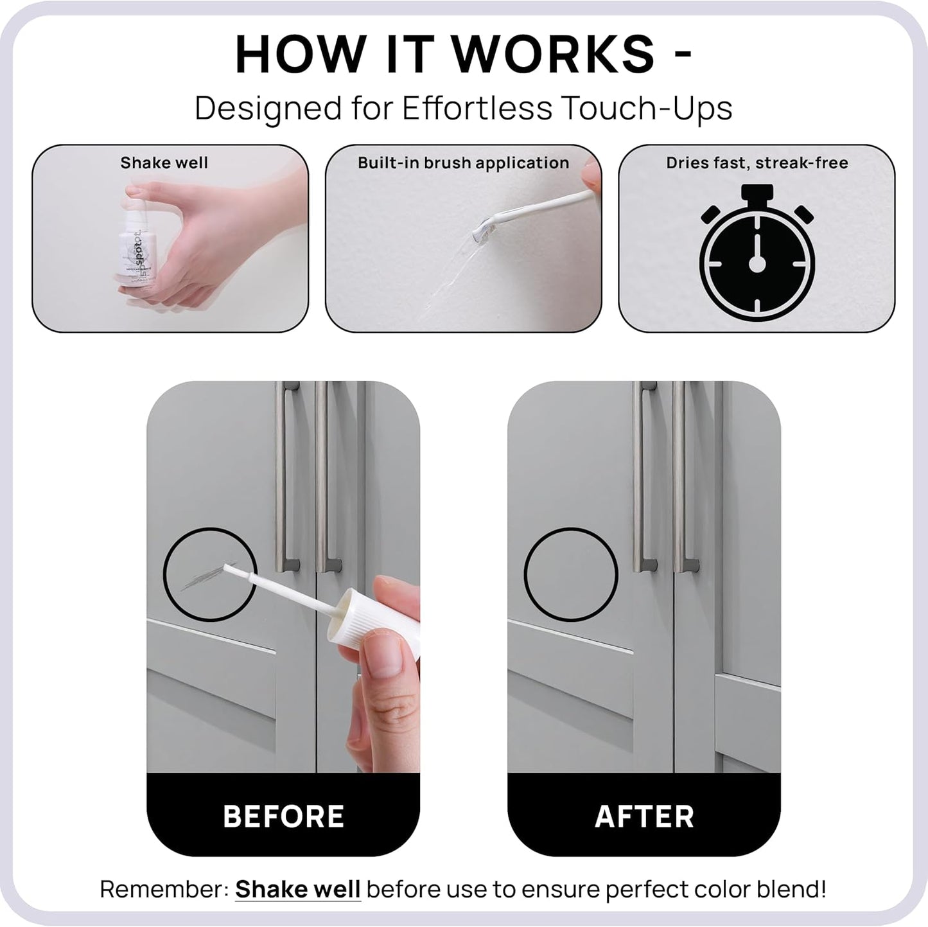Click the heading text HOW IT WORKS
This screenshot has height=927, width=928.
tap(444, 55)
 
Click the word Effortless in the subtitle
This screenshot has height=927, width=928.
tap(477, 108)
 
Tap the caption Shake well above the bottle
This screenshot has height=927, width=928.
tap(164, 163)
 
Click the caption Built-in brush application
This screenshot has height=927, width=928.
tap(463, 163)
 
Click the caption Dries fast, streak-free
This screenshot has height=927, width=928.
tap(757, 163)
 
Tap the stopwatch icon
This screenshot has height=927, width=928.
tap(757, 254)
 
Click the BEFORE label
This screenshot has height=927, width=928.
tap(283, 817)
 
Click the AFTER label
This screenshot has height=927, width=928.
tap(644, 817)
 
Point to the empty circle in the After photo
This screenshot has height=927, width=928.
tap(571, 574)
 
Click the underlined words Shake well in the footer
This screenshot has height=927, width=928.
tap(297, 890)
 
